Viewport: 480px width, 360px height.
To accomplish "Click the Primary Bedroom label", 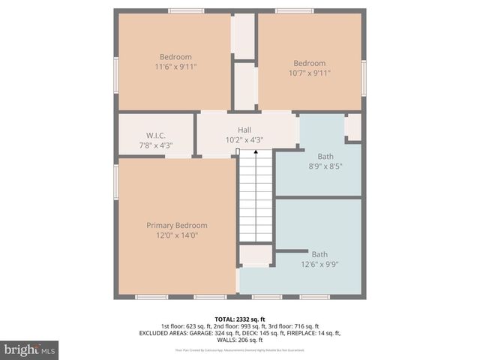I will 176,226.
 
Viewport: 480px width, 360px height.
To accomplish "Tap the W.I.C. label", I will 155,136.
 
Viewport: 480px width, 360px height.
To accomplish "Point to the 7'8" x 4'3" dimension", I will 155,145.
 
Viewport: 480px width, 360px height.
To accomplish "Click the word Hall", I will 244,130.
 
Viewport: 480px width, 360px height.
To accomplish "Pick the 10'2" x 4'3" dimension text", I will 244,139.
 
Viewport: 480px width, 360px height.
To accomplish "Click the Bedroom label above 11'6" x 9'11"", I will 175,57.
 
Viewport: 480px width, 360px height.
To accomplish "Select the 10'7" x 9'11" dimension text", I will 310,73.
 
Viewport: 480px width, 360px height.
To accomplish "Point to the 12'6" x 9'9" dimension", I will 319,264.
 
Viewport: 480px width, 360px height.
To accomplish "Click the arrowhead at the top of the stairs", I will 255,152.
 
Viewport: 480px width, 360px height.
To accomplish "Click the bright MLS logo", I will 30,349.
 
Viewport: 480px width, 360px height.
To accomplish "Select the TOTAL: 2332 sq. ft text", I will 240,319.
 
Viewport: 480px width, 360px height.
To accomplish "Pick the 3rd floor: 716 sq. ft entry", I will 294,326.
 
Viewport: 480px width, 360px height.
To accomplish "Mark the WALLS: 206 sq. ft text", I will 240,340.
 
